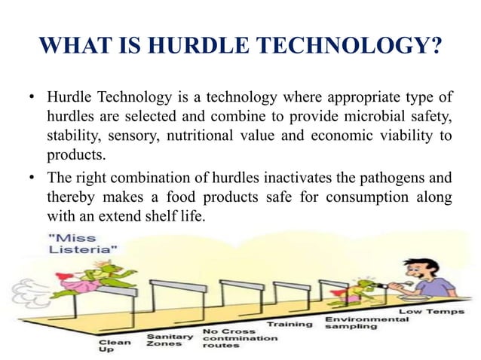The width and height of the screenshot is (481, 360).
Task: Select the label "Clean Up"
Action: pyautogui.click(x=115, y=347)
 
